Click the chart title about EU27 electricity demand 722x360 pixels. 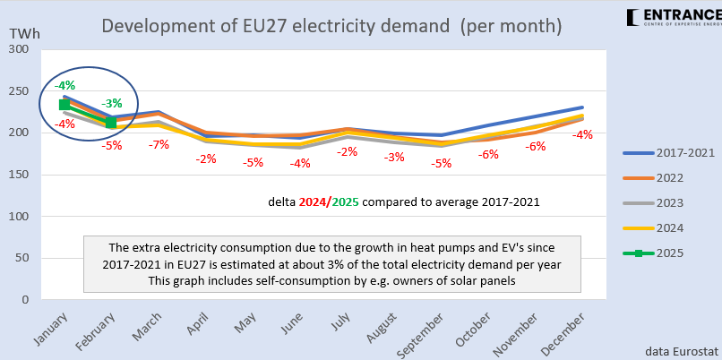coord(331,25)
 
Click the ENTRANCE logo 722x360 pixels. coord(673,16)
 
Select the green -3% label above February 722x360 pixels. coord(112,103)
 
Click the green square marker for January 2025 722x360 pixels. coord(64,105)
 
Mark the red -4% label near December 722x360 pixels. coord(582,134)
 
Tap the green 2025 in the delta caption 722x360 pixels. coord(346,201)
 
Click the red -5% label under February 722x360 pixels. coord(112,144)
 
